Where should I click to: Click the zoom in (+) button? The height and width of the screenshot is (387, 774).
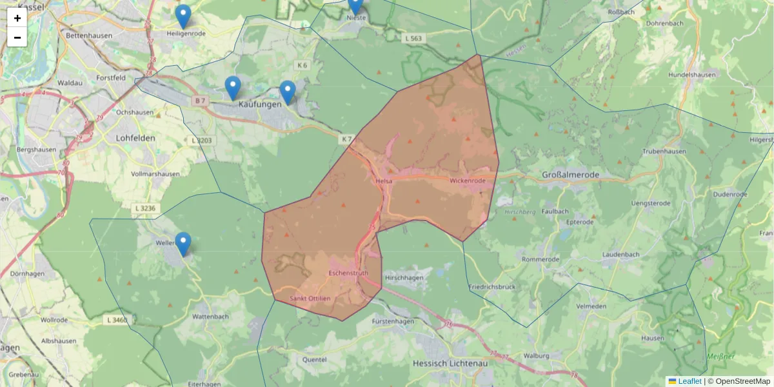coord(17,18)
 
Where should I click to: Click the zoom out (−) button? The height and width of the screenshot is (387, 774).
coord(17,37)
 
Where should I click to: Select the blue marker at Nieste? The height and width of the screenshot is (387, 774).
coord(355,5)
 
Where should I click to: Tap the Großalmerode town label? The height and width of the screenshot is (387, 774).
coord(570,175)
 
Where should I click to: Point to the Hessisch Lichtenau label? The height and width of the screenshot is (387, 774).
coord(450,363)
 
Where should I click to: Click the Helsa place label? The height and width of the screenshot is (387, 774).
coord(384,182)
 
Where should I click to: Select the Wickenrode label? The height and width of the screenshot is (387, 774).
coord(468,181)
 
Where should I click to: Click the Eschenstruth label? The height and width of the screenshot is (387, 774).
coord(348,273)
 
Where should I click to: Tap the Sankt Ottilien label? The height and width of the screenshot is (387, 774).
coord(310,299)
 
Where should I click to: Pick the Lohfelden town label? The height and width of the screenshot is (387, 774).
coord(137,138)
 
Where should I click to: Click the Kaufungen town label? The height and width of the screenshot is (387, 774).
coord(260,104)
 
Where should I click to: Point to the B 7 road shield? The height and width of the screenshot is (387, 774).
coord(200,101)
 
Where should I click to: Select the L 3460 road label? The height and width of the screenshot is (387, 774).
coord(117,319)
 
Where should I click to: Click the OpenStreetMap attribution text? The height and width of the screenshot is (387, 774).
coord(742,381)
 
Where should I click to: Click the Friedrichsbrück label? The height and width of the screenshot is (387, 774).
coord(491,286)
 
